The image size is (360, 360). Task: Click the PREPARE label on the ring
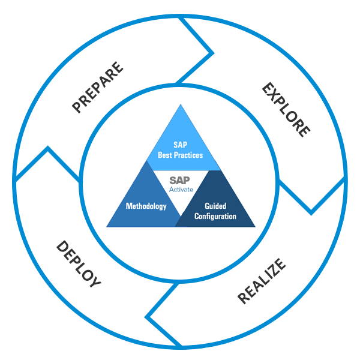point(98,87)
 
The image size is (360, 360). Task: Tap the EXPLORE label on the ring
point(286,110)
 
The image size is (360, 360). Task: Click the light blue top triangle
point(181,141)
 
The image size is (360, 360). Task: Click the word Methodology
point(146,206)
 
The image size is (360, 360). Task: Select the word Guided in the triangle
point(215,206)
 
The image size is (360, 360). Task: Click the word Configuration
point(215,216)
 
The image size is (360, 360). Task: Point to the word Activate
point(181,190)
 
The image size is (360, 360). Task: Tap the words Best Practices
point(181,155)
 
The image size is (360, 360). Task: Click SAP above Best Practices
point(181,145)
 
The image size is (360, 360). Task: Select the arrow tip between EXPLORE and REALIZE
point(311,212)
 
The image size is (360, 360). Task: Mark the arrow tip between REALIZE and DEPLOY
point(148,314)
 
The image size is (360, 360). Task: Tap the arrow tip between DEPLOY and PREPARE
point(48,148)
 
